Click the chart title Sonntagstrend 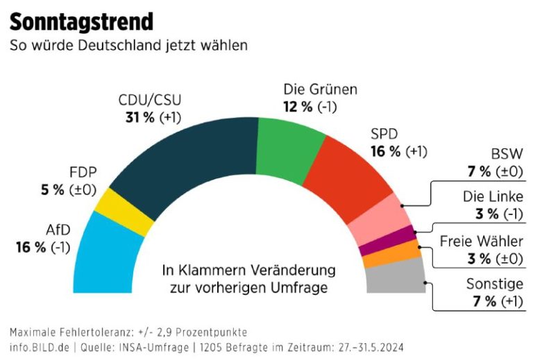coord(81,22)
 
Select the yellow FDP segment coord(125,212)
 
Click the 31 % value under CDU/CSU coord(137,117)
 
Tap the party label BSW coord(507,153)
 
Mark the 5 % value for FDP coord(52,189)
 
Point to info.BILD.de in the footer coord(40,346)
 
